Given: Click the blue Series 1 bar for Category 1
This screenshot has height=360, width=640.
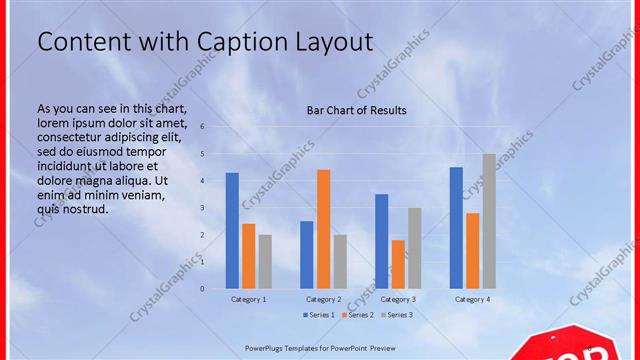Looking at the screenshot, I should pos(232,230).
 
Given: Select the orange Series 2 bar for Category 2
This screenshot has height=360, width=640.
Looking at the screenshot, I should pos(323,229).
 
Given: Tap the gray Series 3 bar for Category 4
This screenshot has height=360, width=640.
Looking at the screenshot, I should pos(488,221).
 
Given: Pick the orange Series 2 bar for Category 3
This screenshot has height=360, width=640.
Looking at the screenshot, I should pos(398,264).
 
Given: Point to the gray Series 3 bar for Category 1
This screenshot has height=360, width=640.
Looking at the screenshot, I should pos(265,261).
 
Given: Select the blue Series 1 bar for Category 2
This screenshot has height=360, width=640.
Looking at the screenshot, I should pos(306,254).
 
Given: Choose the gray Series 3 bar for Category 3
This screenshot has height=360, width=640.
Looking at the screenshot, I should pos(414,248).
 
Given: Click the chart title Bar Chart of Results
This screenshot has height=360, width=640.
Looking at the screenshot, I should pos(356,110).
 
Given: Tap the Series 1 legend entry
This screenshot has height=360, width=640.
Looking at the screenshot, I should pos(318,315).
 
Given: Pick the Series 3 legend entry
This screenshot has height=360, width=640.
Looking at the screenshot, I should pos(396,315).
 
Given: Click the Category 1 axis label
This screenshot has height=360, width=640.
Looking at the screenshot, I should pos(248,299).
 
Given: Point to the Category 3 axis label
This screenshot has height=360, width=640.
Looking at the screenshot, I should pos(398,299).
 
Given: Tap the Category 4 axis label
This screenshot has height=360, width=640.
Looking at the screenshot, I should pos(472,299).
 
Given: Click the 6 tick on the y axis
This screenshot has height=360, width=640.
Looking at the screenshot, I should pos(202,127).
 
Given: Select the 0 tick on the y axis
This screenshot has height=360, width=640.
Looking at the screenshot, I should pos(202,289).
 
